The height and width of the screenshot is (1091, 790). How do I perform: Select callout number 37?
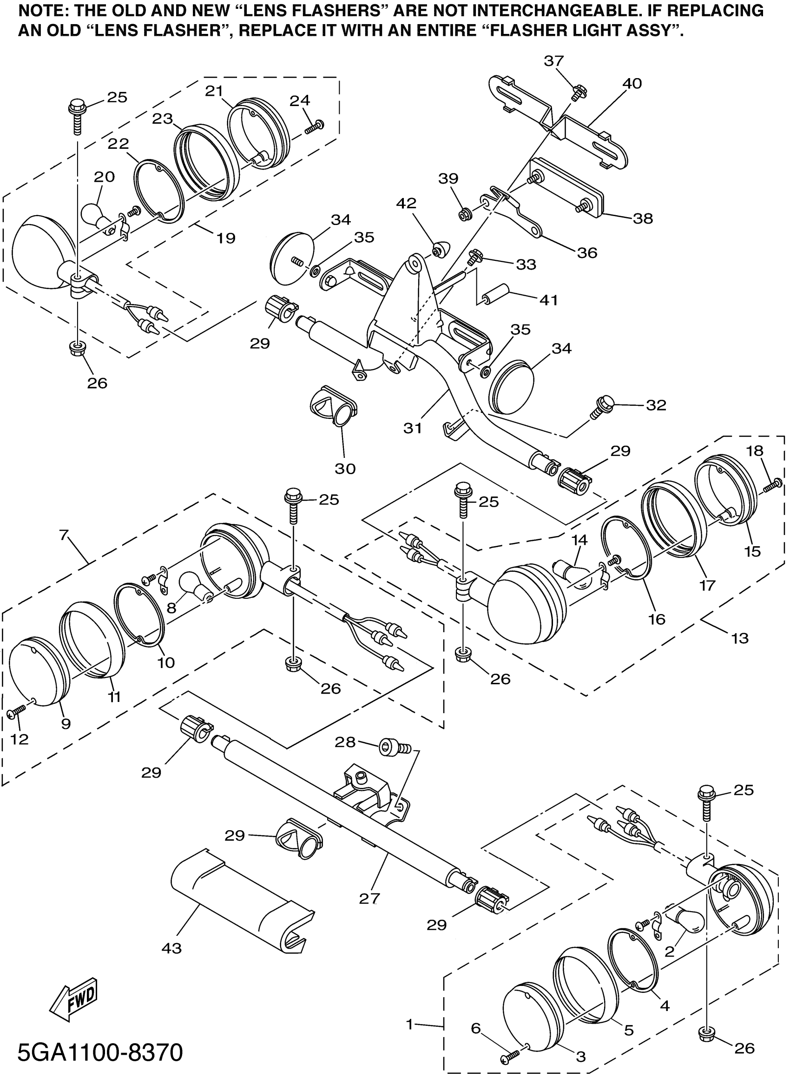[553, 61]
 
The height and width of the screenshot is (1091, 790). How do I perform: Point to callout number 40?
[632, 84]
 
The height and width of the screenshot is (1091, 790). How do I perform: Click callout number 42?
[406, 204]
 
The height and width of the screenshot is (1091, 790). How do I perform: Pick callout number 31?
[412, 428]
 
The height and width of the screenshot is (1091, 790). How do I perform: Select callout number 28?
[345, 742]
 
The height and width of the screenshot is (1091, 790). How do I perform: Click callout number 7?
[65, 535]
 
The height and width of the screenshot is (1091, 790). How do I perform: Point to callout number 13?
[740, 638]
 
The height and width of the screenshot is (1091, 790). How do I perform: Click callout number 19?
[225, 238]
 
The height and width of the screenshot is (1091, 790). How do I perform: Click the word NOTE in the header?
[37, 10]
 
